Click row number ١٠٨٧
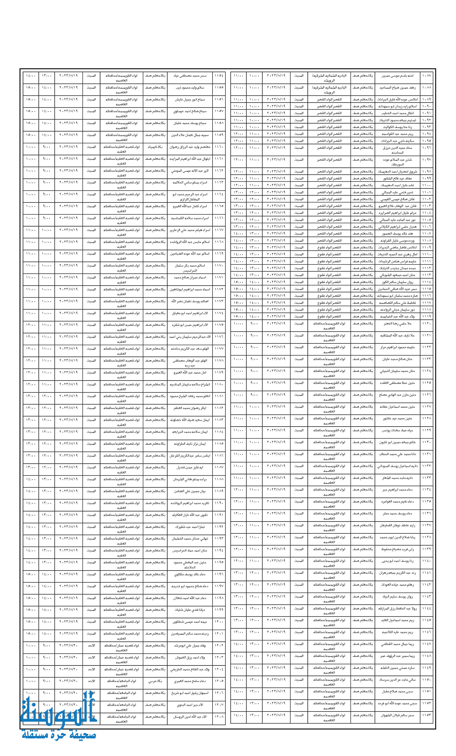[x=427, y=75]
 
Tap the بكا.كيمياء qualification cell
[x=155, y=147]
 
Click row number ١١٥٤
[x=219, y=76]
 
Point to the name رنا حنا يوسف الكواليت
[x=397, y=127]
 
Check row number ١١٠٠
[x=427, y=185]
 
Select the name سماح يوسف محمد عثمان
[x=190, y=123]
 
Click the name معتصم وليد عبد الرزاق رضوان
[x=190, y=147]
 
